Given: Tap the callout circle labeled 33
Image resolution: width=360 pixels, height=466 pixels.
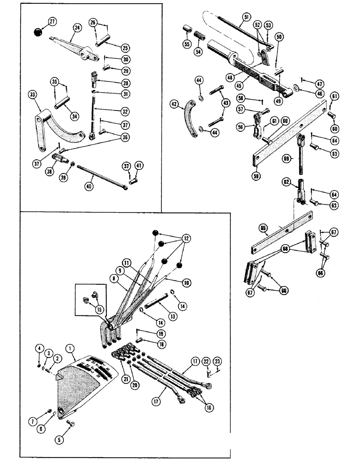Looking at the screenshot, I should tap(33, 95).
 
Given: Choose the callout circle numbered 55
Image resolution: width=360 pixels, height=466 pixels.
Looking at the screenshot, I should tap(186, 45).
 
